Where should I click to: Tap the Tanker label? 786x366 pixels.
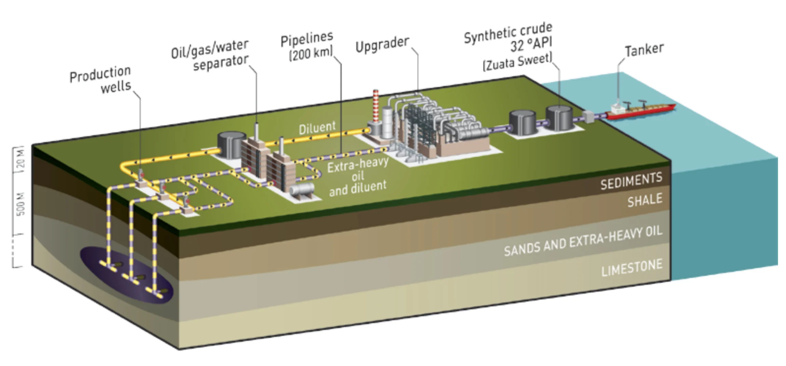click(644, 50)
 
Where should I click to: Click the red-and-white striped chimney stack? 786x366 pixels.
click(376, 106)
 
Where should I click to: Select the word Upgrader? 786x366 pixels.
click(382, 44)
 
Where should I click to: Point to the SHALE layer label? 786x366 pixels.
click(645, 200)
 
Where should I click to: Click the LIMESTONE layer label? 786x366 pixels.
click(632, 268)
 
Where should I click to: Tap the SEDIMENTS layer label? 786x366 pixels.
click(631, 181)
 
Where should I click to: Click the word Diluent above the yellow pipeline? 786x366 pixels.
click(317, 128)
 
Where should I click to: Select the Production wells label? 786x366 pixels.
click(101, 80)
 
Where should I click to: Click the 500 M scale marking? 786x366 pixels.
click(21, 204)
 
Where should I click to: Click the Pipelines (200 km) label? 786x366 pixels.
click(307, 47)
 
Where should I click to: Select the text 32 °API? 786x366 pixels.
click(531, 44)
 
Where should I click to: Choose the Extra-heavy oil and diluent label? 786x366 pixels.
click(357, 176)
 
